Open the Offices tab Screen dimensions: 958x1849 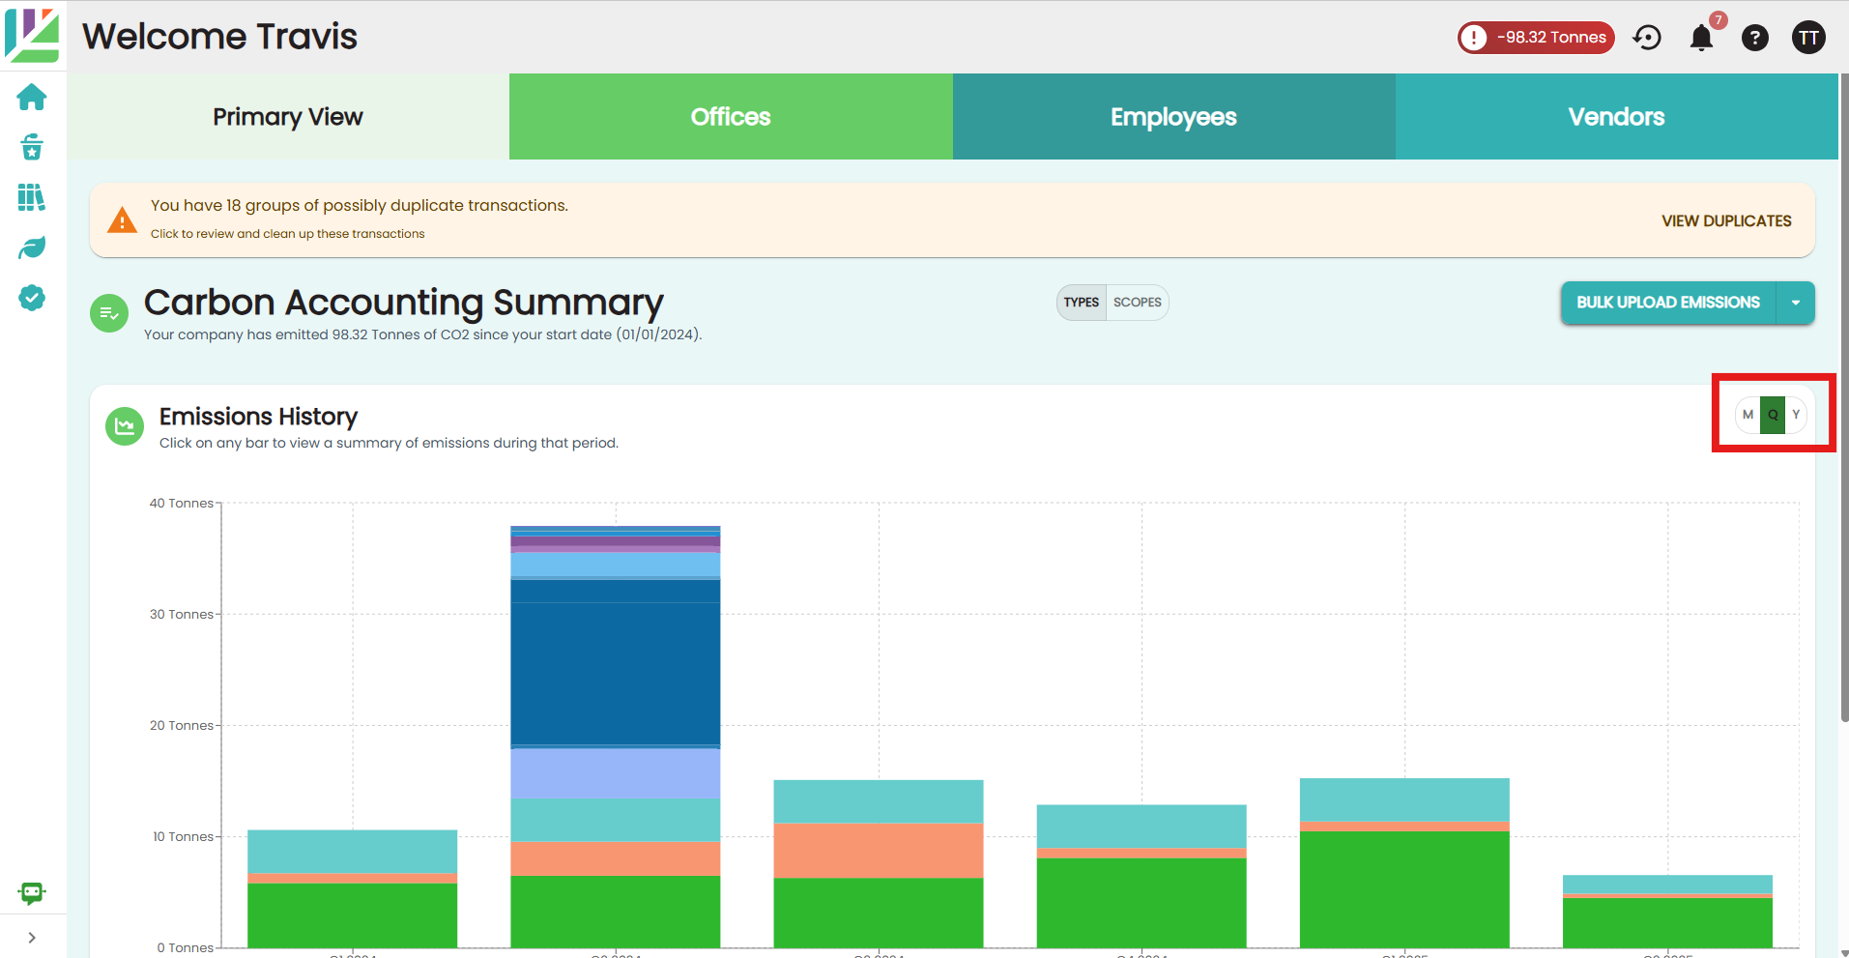pos(731,117)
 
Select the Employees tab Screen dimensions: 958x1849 pos(1173,117)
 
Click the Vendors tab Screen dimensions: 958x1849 pos(1616,117)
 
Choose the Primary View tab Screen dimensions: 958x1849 pos(288,117)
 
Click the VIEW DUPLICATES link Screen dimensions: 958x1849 pos(1726,221)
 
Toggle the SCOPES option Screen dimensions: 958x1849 pos(1137,303)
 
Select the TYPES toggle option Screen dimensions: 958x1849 pos(1082,303)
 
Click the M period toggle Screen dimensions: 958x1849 pos(1748,415)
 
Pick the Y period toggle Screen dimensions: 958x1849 pos(1796,415)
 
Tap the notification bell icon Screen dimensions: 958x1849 pos(1701,38)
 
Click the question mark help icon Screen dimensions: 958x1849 pos(1755,38)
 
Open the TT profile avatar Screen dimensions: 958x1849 pos(1808,38)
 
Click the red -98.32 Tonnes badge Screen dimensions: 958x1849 pos(1536,38)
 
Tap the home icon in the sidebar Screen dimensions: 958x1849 pos(32,98)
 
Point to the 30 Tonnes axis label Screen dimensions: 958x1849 pos(182,615)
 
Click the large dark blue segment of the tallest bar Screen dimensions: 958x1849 pos(615,674)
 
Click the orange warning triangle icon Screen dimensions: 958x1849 pos(122,220)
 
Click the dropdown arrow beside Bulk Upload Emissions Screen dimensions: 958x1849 pos(1796,303)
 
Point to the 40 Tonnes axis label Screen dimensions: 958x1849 pos(182,504)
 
